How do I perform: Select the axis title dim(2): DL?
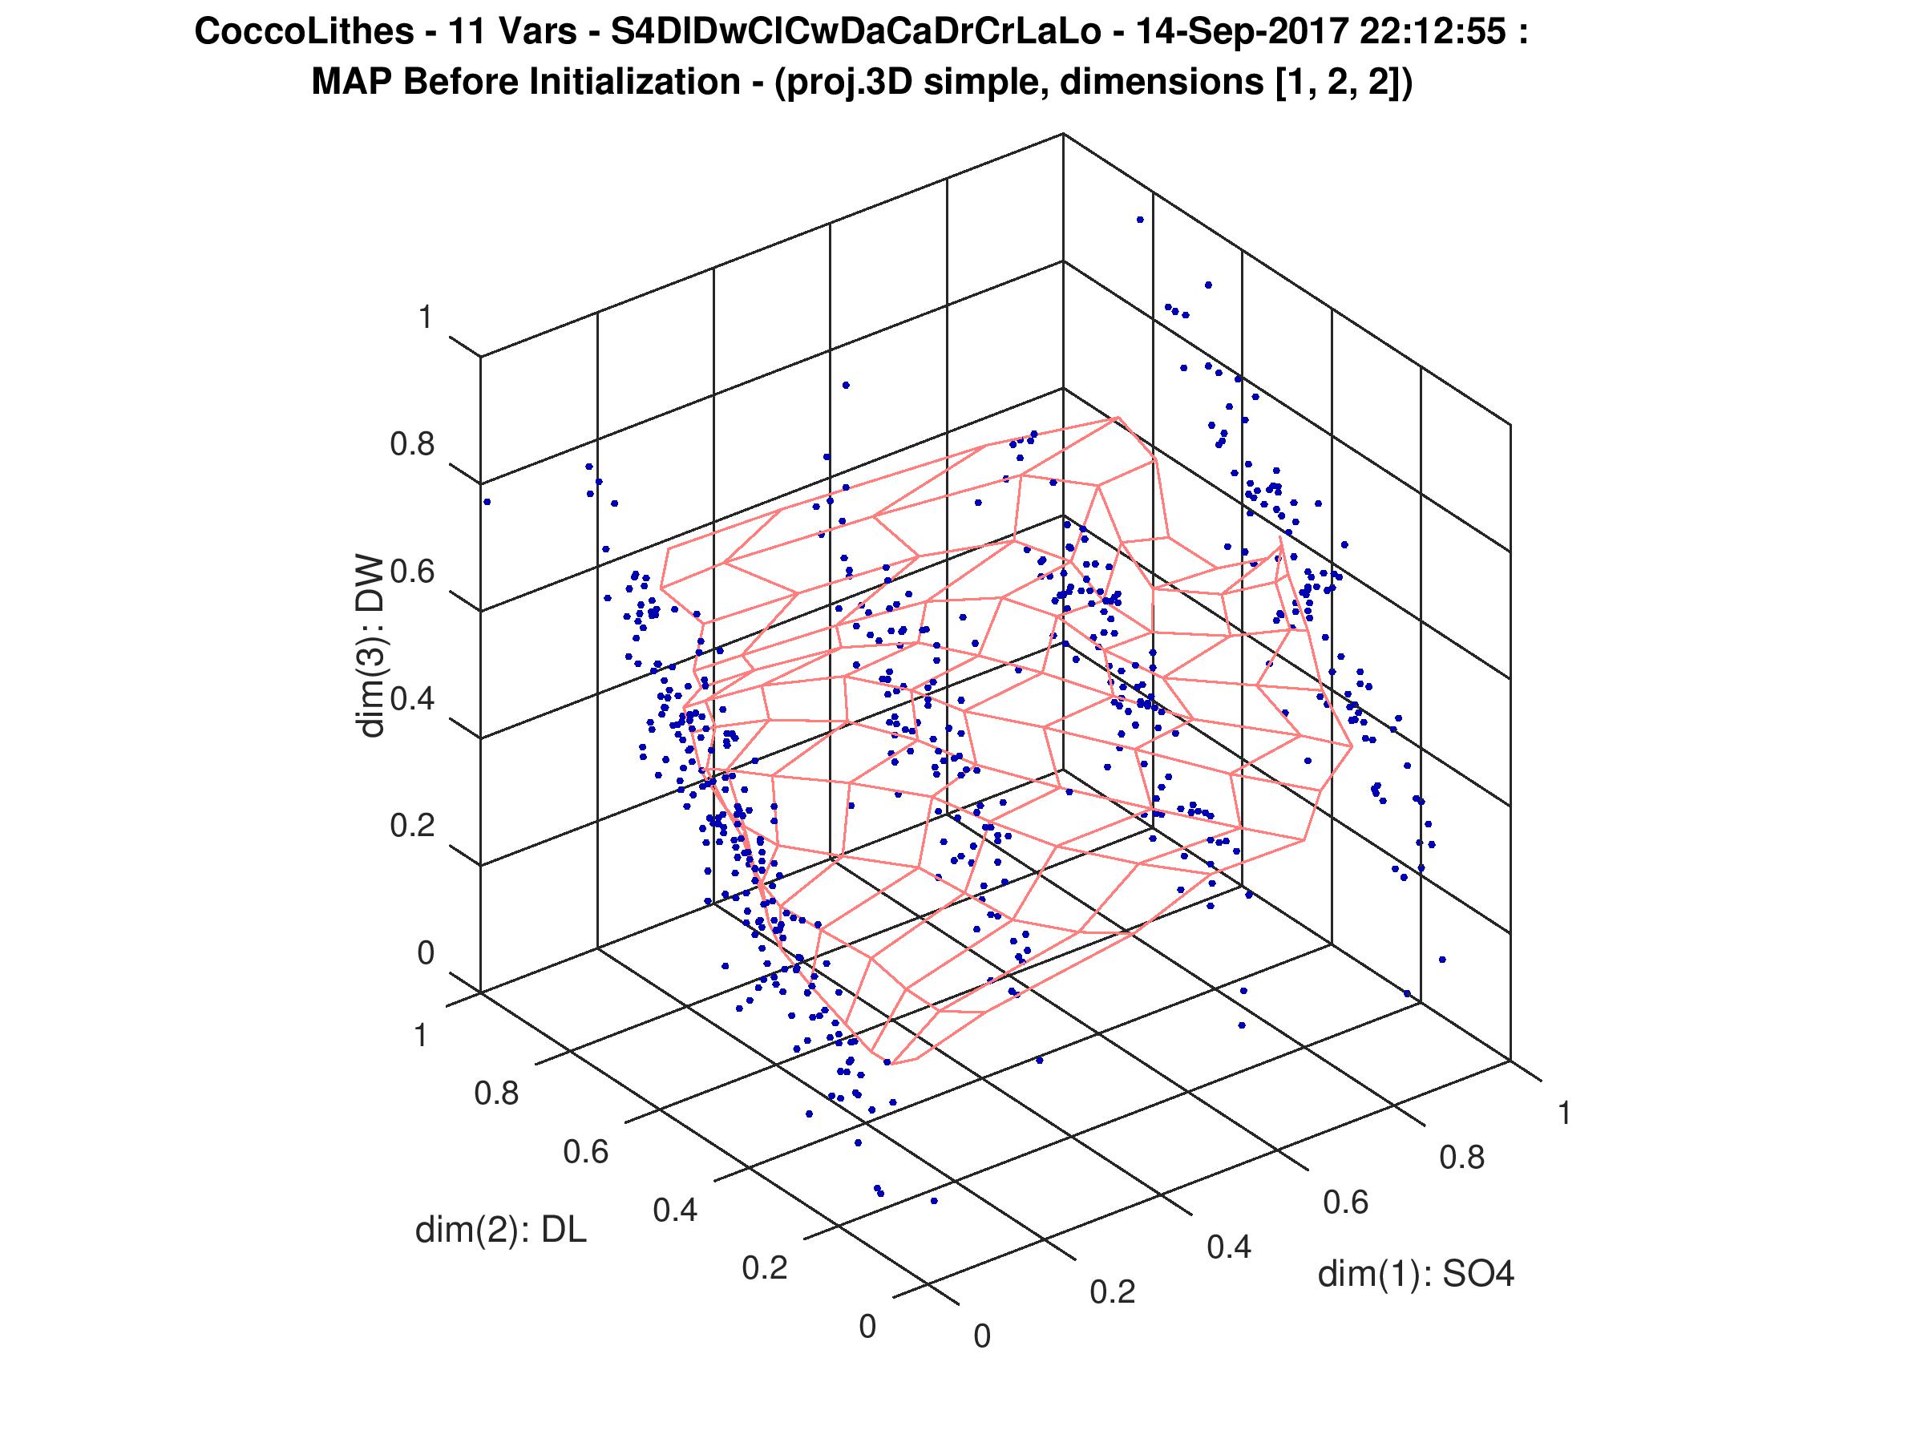tap(500, 1230)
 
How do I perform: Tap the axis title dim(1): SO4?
tap(1416, 1275)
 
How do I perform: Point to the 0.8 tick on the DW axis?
tap(411, 444)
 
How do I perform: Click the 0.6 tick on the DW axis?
tap(411, 572)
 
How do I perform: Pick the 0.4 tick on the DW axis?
tap(411, 698)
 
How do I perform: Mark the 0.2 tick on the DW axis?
tap(411, 825)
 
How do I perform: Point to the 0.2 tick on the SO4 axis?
tap(1113, 1292)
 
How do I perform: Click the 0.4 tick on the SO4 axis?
tap(1229, 1247)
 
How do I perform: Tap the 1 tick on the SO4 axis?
tap(1564, 1114)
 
